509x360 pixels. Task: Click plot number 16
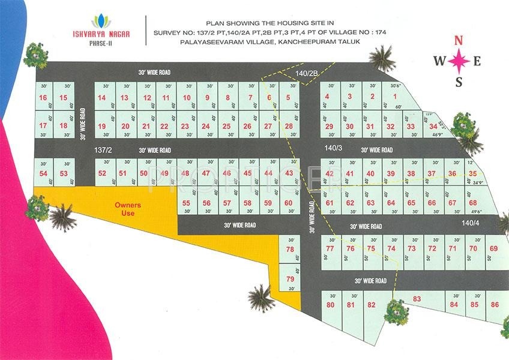tap(43, 98)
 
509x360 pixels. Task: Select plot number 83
tap(417, 299)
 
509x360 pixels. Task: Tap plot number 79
tap(290, 279)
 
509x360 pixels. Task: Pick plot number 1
tap(395, 97)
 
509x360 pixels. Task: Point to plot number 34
tap(433, 127)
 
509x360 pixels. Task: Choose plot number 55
tap(186, 203)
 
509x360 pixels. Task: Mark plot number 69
tap(494, 248)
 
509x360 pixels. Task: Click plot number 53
tap(64, 173)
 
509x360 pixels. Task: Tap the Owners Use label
tap(128, 209)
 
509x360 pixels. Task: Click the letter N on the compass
tap(459, 41)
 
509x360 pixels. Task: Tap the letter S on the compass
tap(459, 82)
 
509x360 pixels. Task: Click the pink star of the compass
tap(459, 61)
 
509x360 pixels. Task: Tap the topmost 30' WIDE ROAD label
tap(154, 72)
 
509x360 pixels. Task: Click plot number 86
tap(495, 305)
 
